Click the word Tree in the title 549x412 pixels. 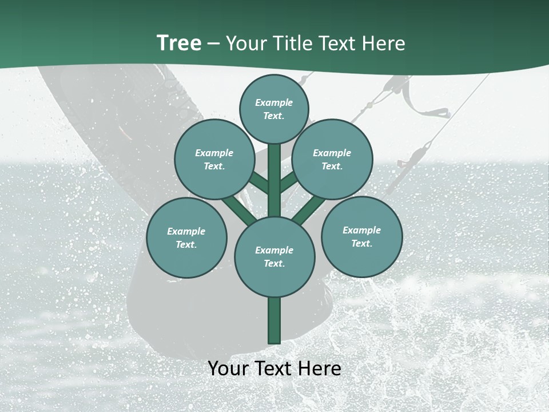pyautogui.click(x=179, y=43)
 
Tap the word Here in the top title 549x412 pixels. pyautogui.click(x=384, y=43)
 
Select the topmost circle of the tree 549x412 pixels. pyautogui.click(x=274, y=109)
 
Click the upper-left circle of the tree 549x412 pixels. pyautogui.click(x=214, y=159)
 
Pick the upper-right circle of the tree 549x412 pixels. pyautogui.click(x=332, y=159)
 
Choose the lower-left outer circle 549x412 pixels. pyautogui.click(x=186, y=237)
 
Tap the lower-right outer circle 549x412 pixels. pyautogui.click(x=362, y=236)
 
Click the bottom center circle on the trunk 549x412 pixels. pyautogui.click(x=274, y=256)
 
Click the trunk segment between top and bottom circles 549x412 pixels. pyautogui.click(x=274, y=180)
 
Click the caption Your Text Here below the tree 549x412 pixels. pyautogui.click(x=274, y=369)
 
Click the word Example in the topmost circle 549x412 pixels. pyautogui.click(x=274, y=102)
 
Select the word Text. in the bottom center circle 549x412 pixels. pyautogui.click(x=274, y=263)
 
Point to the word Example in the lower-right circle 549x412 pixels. pyautogui.click(x=361, y=230)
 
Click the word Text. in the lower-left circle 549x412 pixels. pyautogui.click(x=186, y=244)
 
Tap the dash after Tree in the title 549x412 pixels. pyautogui.click(x=214, y=44)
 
